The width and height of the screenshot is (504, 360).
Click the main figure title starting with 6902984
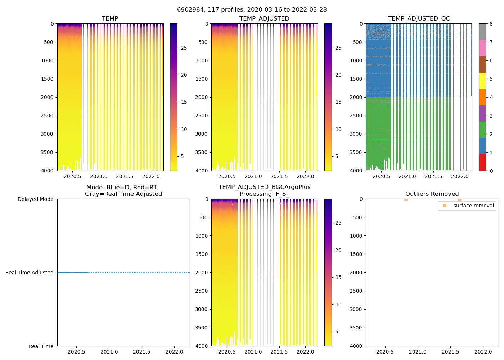(252, 10)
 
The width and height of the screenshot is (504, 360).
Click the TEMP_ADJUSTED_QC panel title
(419, 19)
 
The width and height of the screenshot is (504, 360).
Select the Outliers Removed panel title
(432, 194)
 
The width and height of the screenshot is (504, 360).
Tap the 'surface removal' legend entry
(473, 206)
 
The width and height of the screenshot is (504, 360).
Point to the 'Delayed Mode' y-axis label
(35, 199)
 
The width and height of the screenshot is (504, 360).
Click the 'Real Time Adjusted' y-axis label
(30, 273)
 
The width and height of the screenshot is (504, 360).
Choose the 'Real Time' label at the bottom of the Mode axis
(41, 346)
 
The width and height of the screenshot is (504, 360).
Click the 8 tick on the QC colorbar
(491, 24)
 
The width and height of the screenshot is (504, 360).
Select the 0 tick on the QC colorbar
(491, 171)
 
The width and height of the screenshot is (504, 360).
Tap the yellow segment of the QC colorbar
(482, 81)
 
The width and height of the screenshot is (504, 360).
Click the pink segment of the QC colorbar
(482, 48)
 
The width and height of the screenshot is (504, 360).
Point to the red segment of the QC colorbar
(482, 162)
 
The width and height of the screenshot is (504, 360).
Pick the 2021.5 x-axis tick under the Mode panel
(141, 352)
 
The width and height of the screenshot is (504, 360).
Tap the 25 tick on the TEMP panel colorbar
(184, 48)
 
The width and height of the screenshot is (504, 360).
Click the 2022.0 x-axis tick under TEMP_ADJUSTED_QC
(460, 176)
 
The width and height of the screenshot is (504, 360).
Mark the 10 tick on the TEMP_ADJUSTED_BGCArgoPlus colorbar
(338, 305)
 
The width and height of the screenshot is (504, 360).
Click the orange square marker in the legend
(445, 206)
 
